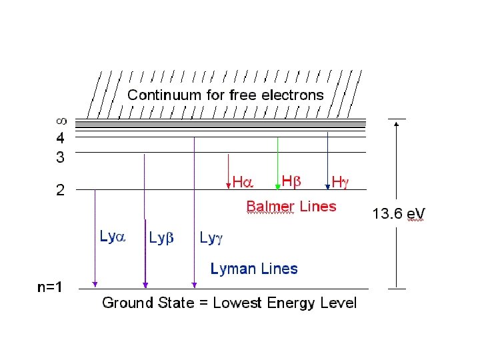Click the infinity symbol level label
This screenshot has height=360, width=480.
[x=61, y=122]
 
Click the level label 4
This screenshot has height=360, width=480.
[x=61, y=139]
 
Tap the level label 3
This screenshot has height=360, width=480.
[x=61, y=158]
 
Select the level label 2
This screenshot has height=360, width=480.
[x=61, y=191]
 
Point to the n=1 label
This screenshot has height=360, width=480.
[x=51, y=288]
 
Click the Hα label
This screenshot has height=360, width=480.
[x=243, y=182]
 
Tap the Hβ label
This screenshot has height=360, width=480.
[x=292, y=181]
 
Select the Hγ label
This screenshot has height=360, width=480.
[x=340, y=181]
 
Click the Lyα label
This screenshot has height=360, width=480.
[x=113, y=236]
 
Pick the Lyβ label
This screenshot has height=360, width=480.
[x=161, y=237]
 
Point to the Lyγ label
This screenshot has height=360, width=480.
[x=213, y=237]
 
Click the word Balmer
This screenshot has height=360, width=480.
[x=271, y=207]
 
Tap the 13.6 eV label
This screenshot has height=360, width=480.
[x=398, y=214]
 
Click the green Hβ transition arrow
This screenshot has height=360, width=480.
[x=278, y=163]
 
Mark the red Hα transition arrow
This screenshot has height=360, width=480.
[x=229, y=170]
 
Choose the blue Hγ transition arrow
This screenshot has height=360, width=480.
[x=327, y=160]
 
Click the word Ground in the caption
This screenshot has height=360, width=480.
[x=127, y=303]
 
